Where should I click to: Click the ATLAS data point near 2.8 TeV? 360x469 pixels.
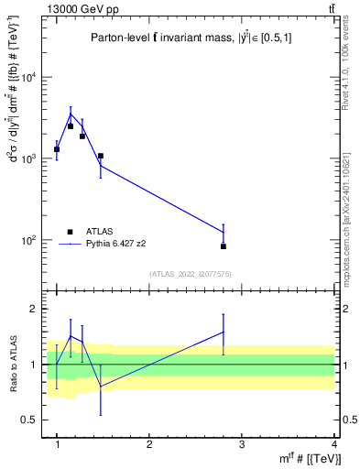point(224,246)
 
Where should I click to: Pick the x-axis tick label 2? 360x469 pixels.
point(149,444)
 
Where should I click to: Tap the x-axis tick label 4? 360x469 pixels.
point(333,444)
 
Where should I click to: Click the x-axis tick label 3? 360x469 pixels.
point(241,444)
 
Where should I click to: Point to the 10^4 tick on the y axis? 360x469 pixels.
point(30,78)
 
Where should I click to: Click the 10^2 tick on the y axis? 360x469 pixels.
point(30,241)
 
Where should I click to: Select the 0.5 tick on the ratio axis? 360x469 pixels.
point(31,420)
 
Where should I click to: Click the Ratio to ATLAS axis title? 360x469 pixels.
point(12,365)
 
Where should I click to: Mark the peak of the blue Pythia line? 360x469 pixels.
point(71,115)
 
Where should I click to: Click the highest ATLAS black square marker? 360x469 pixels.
point(71,126)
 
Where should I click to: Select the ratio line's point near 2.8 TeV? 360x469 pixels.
point(224,332)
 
